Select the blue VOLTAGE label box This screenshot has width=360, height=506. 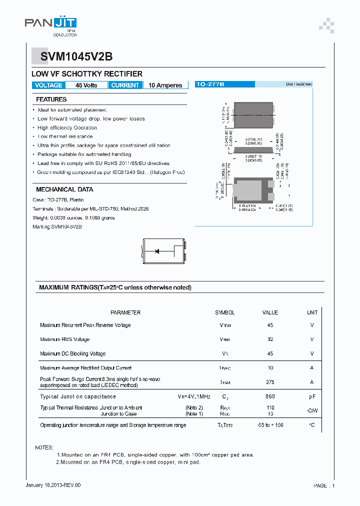tap(48, 85)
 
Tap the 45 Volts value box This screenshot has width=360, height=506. tap(86, 85)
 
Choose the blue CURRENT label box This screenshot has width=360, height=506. tap(125, 85)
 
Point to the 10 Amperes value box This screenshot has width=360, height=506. tap(165, 85)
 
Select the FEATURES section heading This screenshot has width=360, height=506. tap(51, 99)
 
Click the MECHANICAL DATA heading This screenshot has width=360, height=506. tap(64, 189)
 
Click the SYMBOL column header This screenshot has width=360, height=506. tap(224, 312)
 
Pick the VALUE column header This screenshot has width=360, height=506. tap(270, 312)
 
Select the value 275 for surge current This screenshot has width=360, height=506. tap(270, 382)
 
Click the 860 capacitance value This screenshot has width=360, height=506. tap(270, 396)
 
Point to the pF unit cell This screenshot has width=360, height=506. tap(312, 396)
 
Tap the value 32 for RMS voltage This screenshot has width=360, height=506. tap(270, 339)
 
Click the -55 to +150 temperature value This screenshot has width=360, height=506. tap(270, 425)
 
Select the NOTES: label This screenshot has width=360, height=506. tap(44, 447)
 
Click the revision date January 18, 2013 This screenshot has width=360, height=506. tap(52, 485)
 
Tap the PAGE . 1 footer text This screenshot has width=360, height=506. tap(324, 485)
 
